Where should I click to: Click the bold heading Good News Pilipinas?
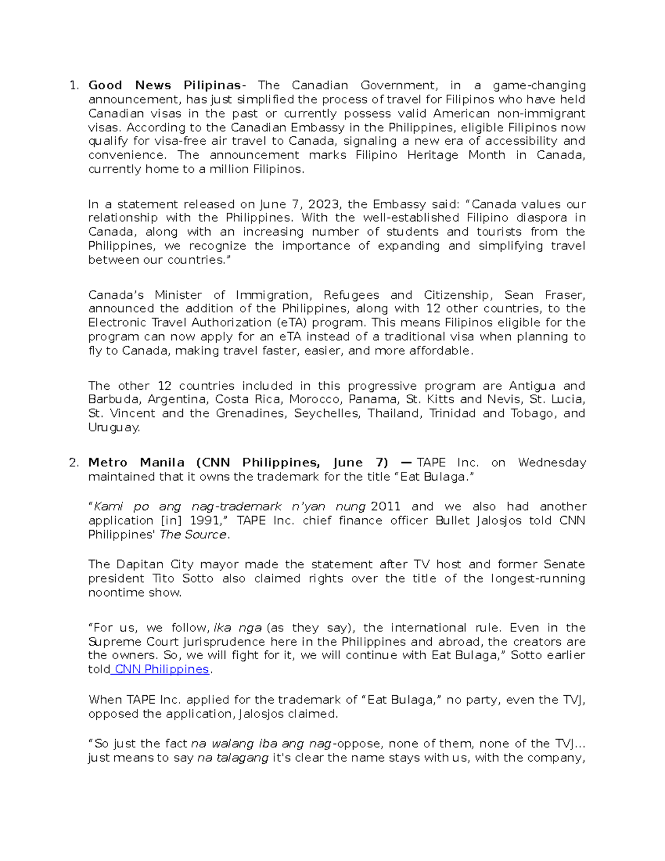pos(165,85)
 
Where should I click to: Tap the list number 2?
pos(74,463)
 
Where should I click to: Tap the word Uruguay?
pos(114,427)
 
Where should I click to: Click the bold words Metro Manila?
pos(136,463)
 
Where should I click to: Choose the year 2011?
pos(385,507)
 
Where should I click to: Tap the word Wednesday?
pos(552,463)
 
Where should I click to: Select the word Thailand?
pos(394,414)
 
